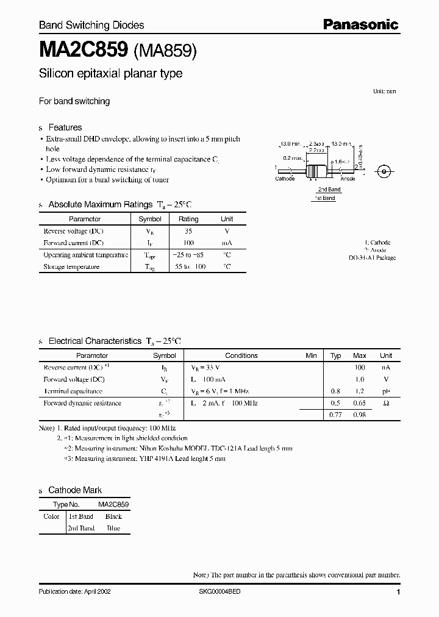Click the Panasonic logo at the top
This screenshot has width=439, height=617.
(x=360, y=24)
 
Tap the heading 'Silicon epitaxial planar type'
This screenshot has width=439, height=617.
(x=110, y=74)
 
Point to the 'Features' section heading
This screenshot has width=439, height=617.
(x=65, y=127)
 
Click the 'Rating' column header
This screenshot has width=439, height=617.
(x=188, y=219)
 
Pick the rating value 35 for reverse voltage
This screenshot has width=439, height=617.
(x=188, y=231)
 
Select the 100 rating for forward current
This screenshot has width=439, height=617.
(x=188, y=243)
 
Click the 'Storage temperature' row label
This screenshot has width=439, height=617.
(x=71, y=266)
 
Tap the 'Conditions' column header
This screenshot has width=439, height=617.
(x=241, y=355)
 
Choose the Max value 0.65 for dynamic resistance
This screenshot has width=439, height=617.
(x=360, y=403)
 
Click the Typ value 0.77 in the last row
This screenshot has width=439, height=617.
(x=335, y=415)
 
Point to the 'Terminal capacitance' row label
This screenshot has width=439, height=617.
(x=73, y=391)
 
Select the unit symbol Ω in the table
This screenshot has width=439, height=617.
(x=386, y=403)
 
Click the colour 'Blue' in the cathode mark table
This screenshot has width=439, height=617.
(x=113, y=528)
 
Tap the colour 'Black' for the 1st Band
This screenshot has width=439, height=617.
(x=113, y=516)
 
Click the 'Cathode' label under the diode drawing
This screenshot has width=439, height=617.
(x=285, y=179)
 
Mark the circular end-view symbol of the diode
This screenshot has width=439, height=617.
(x=384, y=171)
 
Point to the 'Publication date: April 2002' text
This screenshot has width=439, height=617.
(x=75, y=592)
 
